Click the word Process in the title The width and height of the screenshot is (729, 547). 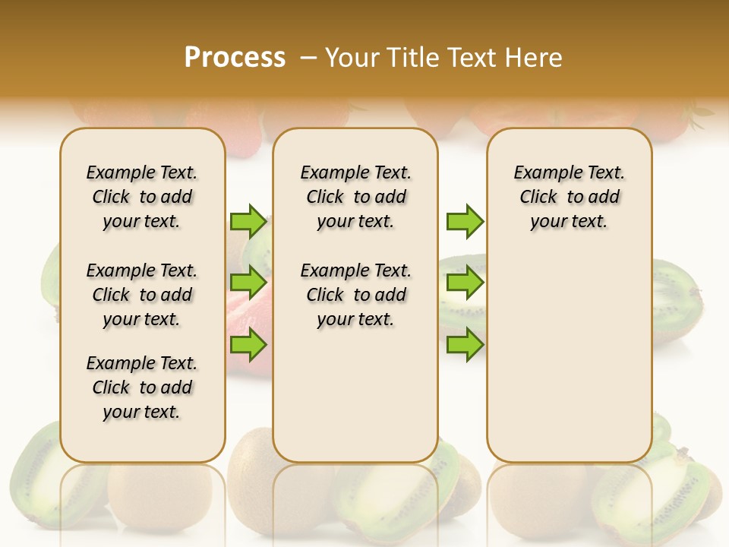(235, 57)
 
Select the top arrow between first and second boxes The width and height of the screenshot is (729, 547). (248, 221)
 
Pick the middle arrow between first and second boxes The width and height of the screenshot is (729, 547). (248, 283)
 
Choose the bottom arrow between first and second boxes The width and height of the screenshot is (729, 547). (248, 345)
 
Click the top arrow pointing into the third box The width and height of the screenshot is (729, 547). (465, 221)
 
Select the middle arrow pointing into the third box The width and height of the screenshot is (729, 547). (465, 283)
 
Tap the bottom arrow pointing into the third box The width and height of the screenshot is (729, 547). (465, 345)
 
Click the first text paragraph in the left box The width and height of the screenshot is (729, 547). (142, 197)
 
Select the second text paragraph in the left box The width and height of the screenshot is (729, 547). (142, 295)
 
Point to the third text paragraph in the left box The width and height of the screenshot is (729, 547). (142, 387)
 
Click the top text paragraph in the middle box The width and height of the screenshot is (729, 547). (355, 197)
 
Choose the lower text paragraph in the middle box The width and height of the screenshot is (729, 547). (355, 295)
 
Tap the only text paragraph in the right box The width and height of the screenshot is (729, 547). (570, 197)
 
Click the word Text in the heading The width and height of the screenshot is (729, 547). (475, 57)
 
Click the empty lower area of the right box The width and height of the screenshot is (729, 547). (570, 357)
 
